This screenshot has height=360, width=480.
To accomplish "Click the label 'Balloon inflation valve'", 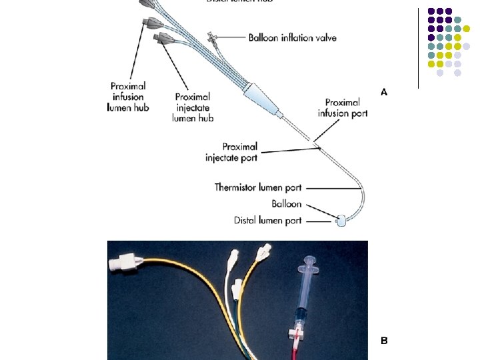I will (292, 38).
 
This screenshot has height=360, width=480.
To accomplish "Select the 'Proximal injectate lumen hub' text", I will (193, 107).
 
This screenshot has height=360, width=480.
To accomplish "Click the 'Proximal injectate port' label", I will (231, 152).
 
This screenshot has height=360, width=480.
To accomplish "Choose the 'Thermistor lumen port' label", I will (258, 187).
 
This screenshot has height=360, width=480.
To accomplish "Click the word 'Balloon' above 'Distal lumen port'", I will (287, 204).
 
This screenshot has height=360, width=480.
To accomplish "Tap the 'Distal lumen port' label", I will (267, 221).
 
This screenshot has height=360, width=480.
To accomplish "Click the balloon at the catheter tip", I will (341, 221).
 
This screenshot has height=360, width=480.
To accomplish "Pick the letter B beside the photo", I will (383, 341).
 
